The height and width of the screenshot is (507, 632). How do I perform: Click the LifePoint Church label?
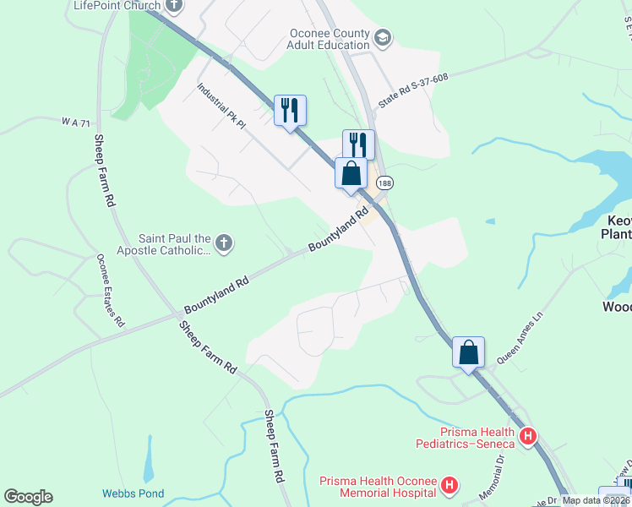coord(116,6)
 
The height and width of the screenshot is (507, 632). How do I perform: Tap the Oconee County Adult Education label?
coord(330,39)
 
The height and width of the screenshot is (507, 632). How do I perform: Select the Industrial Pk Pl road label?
coord(221,106)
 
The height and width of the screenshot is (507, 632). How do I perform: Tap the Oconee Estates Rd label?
coord(110,291)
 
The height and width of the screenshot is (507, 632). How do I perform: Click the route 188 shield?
coord(385,183)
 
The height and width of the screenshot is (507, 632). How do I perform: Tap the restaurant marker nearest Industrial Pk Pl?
coord(290,109)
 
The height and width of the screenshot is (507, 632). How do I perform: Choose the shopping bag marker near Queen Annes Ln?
coord(468,351)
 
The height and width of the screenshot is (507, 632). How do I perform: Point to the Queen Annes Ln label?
coord(518,341)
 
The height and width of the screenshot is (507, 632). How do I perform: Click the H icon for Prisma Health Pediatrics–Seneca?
coord(529,437)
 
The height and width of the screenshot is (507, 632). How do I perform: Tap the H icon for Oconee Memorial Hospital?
coord(449,486)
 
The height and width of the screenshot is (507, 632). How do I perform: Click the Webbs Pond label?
coord(133,493)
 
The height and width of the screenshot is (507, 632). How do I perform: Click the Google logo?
coord(28,497)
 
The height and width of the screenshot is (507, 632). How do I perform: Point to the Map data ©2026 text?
coord(597,500)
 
